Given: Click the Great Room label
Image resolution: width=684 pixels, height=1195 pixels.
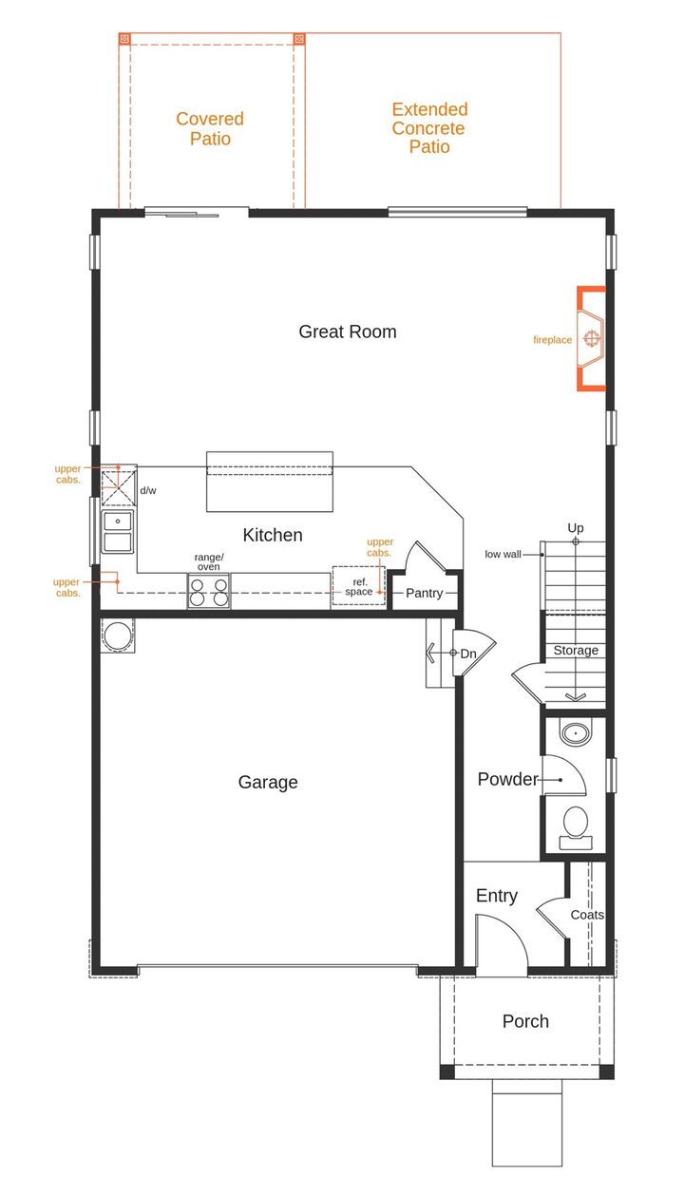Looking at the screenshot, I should [x=348, y=332].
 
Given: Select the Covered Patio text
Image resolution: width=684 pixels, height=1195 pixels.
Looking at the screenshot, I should [x=210, y=128].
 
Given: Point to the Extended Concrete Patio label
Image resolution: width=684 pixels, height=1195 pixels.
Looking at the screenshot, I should [x=429, y=128].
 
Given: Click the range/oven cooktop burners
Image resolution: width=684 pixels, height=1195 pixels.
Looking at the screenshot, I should [x=209, y=591].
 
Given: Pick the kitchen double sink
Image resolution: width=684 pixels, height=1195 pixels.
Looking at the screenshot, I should [x=119, y=532].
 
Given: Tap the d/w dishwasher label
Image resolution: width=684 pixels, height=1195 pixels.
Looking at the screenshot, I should [x=148, y=491].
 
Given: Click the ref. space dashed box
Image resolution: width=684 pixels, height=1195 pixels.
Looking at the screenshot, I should [x=358, y=586].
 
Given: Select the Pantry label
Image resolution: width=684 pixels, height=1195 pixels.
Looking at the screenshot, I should [x=425, y=593].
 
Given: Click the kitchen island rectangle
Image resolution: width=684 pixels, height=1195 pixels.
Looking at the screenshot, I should [x=270, y=482].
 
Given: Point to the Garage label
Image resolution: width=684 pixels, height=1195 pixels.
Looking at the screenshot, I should [x=268, y=782].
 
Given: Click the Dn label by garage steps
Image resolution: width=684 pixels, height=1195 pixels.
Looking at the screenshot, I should [x=468, y=654].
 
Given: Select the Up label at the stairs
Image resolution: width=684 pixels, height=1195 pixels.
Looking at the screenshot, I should [x=576, y=528].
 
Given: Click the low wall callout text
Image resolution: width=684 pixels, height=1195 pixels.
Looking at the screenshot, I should [x=503, y=554].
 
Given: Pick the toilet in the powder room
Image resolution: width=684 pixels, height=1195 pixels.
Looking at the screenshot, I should [x=575, y=824].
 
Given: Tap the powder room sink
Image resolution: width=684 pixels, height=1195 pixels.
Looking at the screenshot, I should [x=574, y=733].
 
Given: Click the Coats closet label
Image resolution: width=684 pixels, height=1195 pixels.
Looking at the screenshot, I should [x=587, y=915].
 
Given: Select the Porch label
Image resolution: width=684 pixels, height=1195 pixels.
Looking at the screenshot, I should [x=525, y=1021].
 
